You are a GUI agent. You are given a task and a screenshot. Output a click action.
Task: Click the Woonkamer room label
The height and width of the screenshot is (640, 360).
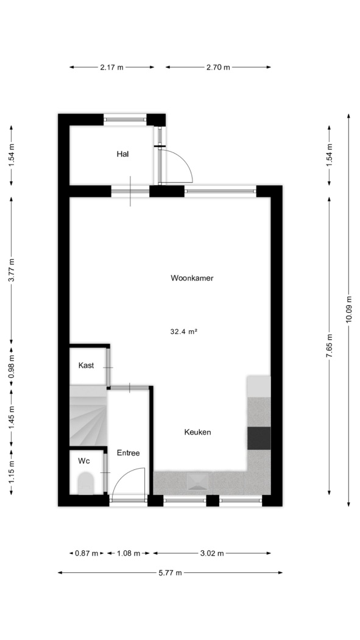[192, 279]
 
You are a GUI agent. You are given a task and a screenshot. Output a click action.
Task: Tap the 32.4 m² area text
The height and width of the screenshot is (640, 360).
[184, 332]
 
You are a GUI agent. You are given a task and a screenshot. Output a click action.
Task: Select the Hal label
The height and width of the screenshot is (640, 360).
[122, 154]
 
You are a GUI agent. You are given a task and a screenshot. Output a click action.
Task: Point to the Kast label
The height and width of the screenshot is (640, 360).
[86, 365]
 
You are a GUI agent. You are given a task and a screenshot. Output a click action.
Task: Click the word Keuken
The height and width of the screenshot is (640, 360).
[198, 432]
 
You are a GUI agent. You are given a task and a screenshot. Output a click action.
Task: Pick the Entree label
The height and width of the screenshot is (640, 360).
[129, 453]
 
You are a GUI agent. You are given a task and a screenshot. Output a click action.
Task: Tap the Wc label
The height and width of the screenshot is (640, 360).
[84, 461]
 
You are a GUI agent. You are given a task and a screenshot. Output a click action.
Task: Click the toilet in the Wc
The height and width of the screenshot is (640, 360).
[86, 483]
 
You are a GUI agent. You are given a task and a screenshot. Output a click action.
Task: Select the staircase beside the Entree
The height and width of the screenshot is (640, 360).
[88, 416]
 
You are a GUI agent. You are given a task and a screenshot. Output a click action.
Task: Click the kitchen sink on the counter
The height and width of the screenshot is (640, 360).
[198, 482]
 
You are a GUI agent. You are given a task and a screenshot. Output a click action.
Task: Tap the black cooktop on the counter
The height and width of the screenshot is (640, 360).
[259, 438]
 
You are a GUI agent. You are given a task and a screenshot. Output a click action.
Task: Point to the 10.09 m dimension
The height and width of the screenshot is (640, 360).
[348, 310]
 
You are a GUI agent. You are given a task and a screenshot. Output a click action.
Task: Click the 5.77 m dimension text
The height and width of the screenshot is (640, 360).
[170, 573]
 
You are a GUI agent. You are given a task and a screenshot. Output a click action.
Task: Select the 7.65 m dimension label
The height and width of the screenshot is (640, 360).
[330, 346]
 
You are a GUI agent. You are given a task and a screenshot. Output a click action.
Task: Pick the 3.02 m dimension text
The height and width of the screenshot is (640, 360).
[212, 553]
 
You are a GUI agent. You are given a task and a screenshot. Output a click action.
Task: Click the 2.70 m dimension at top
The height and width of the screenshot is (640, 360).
[218, 67]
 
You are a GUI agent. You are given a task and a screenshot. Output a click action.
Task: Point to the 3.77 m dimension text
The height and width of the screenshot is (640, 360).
[12, 270]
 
